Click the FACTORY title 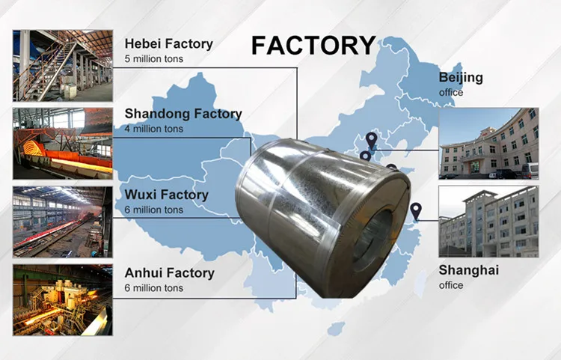pos(313,45)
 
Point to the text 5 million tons pos(154,58)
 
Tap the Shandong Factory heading pos(183,114)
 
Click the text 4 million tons pos(154,129)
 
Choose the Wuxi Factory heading pos(166,195)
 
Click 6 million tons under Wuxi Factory pos(154,210)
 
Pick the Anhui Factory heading pos(169,273)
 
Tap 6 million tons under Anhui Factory pos(154,288)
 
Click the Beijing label pos(461,78)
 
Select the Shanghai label pos(468,270)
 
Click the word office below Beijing pos(451,92)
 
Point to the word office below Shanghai pos(451,285)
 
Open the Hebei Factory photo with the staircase pos(62,65)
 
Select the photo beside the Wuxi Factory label pos(62,222)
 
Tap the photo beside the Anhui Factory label pos(62,299)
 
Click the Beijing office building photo pos(488,144)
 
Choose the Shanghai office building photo pos(488,222)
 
